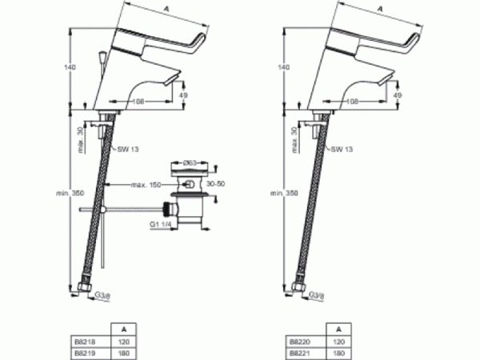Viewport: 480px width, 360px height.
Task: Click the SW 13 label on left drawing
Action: click(x=126, y=149)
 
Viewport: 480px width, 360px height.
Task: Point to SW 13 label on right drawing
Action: click(x=342, y=149)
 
